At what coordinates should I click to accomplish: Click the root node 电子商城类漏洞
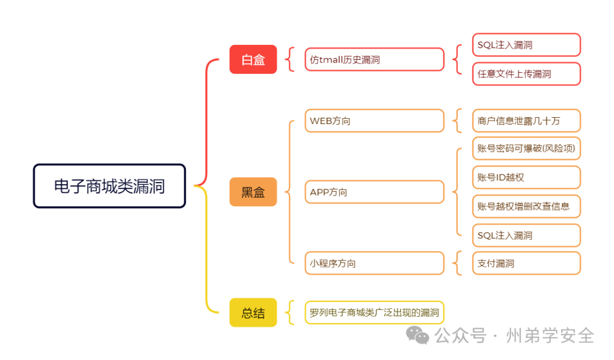pos(109,186)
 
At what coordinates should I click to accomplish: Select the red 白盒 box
pos(253,59)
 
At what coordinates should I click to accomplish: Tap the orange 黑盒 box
pos(253,192)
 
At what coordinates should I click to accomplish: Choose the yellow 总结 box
pos(253,312)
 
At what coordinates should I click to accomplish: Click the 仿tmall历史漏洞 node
pos(374,59)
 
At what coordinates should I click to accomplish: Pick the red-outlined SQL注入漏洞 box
pos(526,45)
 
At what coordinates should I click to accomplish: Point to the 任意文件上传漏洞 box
pos(526,74)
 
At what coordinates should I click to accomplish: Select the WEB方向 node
pos(374,121)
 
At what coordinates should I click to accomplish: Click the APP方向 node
pos(374,192)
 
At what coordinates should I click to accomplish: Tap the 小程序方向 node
pos(374,263)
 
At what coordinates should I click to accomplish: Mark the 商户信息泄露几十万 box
pos(526,121)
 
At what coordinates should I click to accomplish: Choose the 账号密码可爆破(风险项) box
pos(526,148)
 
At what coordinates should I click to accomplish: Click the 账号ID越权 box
pos(526,177)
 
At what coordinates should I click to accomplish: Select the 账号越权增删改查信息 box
pos(526,206)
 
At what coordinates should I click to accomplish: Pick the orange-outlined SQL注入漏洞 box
pos(526,235)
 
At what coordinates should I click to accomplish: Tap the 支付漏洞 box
pos(526,263)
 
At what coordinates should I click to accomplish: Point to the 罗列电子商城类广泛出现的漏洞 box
pos(374,312)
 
